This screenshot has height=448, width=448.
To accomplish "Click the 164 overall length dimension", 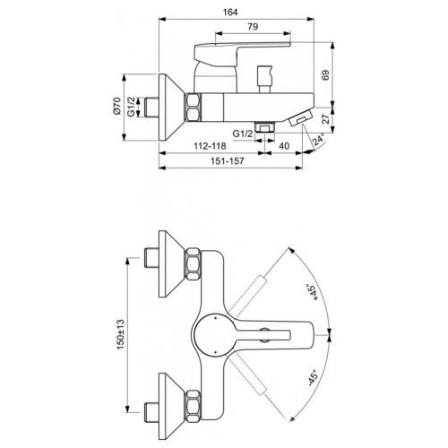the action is point(230,13).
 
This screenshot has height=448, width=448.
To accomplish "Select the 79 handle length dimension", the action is point(253,27).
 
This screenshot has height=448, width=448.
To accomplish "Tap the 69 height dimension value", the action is point(325,74).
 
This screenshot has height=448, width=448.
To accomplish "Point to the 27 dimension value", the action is point(326,118).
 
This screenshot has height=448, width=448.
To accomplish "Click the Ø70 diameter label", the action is point(116,106).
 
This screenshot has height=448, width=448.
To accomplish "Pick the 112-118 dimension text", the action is point(210,146).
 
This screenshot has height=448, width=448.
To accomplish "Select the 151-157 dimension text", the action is point(228,161).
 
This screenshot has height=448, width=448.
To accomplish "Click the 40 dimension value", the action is point(284,146).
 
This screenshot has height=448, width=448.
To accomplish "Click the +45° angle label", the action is point(313,292).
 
